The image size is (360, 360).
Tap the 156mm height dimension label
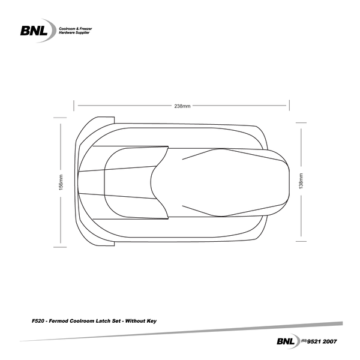(x=61, y=182)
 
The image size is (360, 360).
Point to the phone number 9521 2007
(x=325, y=341)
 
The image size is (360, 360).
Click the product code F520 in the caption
(x=37, y=322)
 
